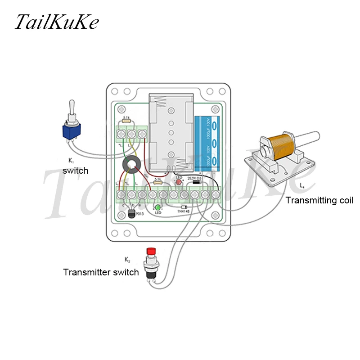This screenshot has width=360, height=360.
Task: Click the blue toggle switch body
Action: (71, 131)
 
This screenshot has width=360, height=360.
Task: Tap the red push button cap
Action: (152, 251)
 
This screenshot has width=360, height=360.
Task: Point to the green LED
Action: (158, 207)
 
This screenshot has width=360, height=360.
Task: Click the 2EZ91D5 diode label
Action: (195, 178)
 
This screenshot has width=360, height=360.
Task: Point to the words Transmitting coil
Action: (319, 201)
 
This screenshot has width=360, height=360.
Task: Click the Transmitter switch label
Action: (101, 272)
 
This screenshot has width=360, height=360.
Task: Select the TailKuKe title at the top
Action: (57, 22)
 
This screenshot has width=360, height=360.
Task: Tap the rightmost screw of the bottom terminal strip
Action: (216, 195)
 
